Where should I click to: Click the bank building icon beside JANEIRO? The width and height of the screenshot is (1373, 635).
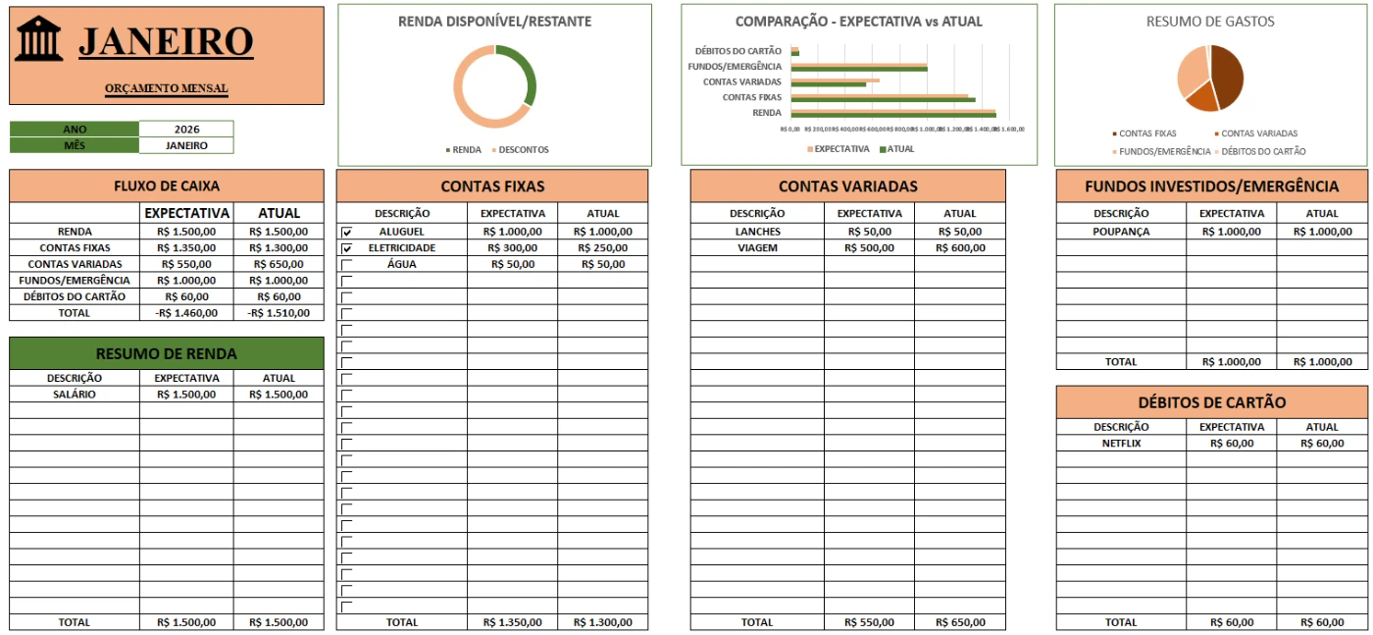38,39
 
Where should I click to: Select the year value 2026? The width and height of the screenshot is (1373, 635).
186,129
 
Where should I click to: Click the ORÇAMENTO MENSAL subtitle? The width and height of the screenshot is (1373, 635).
167,88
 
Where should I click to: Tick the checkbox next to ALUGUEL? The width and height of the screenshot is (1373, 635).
347,232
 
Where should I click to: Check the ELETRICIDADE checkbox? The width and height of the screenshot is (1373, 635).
347,248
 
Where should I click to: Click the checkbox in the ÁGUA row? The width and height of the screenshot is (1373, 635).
347,264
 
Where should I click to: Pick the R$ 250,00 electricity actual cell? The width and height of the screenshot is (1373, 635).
602,248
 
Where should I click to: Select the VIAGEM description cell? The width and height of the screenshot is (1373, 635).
757,248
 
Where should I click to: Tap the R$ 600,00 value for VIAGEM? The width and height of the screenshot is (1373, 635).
960,248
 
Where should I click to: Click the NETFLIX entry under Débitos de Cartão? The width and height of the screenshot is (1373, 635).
1121,444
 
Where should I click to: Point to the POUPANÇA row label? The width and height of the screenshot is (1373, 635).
1121,232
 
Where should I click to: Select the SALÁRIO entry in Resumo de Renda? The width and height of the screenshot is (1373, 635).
75,395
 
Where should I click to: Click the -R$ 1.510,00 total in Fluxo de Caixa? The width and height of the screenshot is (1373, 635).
279,313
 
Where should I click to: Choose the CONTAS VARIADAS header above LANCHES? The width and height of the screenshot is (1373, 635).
847,186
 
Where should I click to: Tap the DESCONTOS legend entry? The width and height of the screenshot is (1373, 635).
523,150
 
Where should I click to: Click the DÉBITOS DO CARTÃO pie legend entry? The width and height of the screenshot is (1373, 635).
1263,151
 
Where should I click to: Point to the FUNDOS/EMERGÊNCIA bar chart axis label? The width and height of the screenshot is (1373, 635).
736,67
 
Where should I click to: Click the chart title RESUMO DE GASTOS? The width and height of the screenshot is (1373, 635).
1210,22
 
